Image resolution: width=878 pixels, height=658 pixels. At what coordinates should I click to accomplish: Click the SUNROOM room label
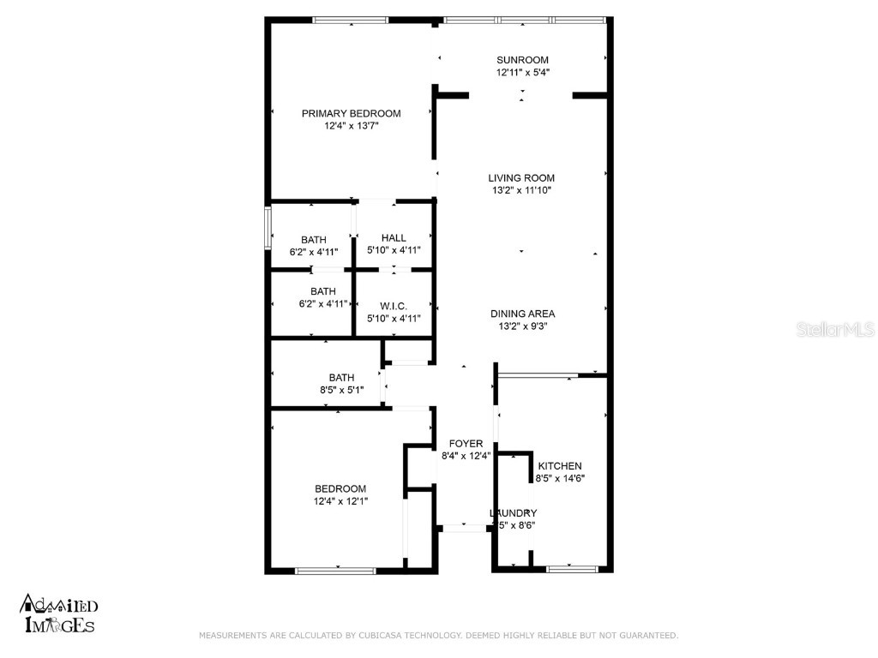(522, 60)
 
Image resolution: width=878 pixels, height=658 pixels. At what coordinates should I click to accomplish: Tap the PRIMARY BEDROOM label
(351, 113)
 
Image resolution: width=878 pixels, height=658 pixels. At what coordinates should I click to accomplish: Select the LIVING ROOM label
(521, 178)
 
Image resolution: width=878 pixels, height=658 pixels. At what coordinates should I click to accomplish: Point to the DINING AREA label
(522, 314)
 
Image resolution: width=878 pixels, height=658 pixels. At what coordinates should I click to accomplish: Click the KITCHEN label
(560, 466)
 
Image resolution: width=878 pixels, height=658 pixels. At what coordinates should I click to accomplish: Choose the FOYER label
(466, 444)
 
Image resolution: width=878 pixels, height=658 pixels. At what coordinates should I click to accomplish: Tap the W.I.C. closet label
(394, 306)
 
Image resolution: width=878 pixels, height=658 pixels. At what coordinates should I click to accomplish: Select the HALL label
(394, 238)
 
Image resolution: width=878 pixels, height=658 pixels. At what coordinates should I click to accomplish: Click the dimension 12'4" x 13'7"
(351, 126)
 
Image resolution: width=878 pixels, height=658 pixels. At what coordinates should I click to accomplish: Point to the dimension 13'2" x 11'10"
(521, 190)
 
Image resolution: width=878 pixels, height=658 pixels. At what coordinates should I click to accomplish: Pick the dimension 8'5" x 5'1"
(341, 390)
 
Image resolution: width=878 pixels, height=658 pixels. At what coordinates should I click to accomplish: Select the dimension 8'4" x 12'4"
(466, 457)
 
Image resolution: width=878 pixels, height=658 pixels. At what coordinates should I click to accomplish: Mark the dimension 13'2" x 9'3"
(522, 326)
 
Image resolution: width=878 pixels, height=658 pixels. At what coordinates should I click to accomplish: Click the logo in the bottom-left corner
(58, 613)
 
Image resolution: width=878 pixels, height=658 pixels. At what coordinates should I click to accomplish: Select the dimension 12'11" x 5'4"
(522, 72)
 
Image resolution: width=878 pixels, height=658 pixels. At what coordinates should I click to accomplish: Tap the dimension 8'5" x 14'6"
(560, 478)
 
